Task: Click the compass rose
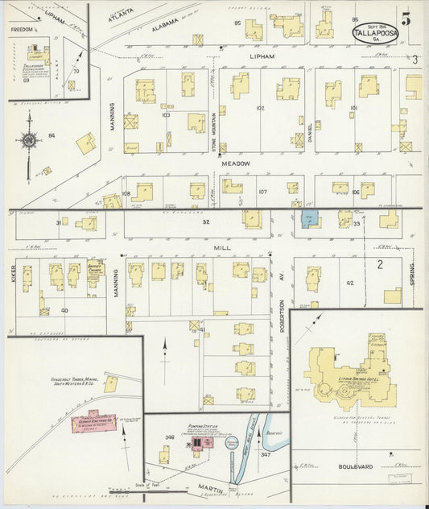tap(30, 141)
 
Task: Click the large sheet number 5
tap(406, 19)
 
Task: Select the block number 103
tap(166, 115)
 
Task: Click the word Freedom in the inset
tap(22, 30)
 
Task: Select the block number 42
tap(349, 283)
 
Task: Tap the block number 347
tap(266, 455)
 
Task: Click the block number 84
tap(51, 134)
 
